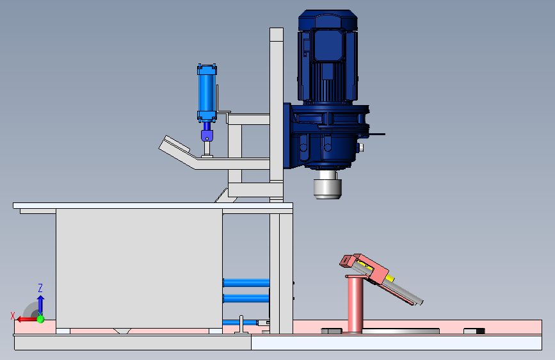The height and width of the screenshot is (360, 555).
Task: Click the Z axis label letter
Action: point(40,288)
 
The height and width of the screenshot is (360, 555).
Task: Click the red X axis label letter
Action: point(13,316)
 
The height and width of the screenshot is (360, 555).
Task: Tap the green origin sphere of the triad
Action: point(40,319)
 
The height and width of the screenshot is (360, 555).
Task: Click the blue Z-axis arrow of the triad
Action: point(40,305)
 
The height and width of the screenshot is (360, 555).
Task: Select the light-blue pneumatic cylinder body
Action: point(207,93)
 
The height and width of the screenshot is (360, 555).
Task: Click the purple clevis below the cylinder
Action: point(207,135)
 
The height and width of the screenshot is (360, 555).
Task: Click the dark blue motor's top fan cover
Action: point(328,20)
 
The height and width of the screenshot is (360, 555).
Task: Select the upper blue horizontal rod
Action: point(246,282)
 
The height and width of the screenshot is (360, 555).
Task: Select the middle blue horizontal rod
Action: point(246,299)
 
